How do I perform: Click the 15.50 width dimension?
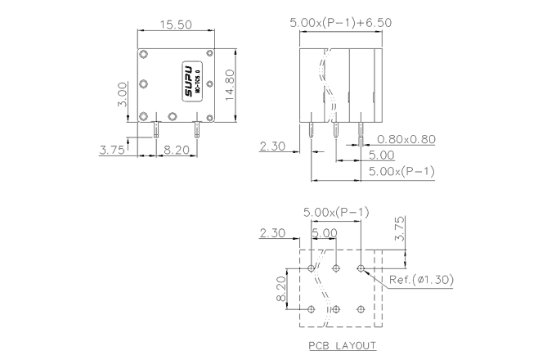click(x=175, y=25)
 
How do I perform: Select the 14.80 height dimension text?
click(x=230, y=83)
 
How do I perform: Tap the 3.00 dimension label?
click(x=122, y=94)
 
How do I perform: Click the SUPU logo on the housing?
click(x=188, y=83)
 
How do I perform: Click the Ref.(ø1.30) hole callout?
click(x=420, y=279)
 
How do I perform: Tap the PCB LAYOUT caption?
click(x=342, y=345)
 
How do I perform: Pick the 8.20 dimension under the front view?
click(x=177, y=150)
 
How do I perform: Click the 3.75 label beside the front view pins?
click(x=112, y=150)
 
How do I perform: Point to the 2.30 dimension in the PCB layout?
click(x=271, y=233)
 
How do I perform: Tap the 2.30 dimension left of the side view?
click(x=272, y=146)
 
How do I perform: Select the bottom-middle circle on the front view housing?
click(x=172, y=116)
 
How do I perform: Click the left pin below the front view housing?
click(x=155, y=128)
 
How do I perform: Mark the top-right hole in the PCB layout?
click(x=361, y=267)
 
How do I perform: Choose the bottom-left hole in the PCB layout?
click(x=312, y=309)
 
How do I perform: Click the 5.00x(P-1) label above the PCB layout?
click(x=336, y=213)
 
